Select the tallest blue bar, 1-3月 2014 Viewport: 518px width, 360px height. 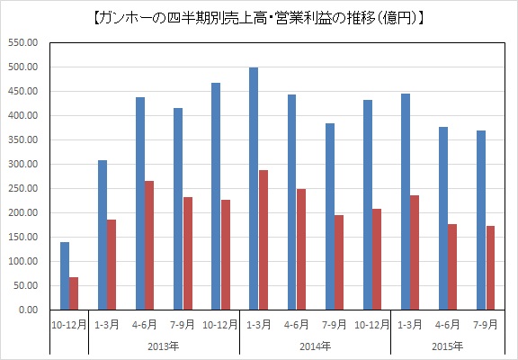(x=254, y=188)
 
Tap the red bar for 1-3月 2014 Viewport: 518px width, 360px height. (x=263, y=240)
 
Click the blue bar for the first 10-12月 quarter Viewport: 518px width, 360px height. (x=65, y=276)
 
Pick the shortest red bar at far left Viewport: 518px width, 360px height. (x=74, y=293)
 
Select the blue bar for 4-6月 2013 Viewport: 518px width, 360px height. (x=140, y=203)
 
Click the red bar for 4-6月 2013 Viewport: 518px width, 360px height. (x=149, y=246)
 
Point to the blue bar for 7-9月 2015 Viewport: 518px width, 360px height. (x=481, y=220)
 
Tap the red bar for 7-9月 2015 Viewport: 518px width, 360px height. (x=490, y=268)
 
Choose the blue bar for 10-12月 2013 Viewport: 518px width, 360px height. (x=216, y=196)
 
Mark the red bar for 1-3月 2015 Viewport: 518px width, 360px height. (x=415, y=253)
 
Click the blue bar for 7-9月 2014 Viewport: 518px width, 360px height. (x=330, y=217)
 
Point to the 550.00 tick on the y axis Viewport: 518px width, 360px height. (x=23, y=42)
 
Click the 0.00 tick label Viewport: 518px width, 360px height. (x=29, y=310)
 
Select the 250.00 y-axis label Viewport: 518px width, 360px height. (x=23, y=188)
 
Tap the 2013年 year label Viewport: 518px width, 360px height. (x=164, y=346)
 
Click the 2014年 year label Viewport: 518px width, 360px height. (x=315, y=346)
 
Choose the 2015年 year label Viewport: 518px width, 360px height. (x=448, y=346)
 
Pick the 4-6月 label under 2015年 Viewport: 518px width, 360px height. (x=447, y=325)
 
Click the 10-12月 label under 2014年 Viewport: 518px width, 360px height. (x=372, y=325)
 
